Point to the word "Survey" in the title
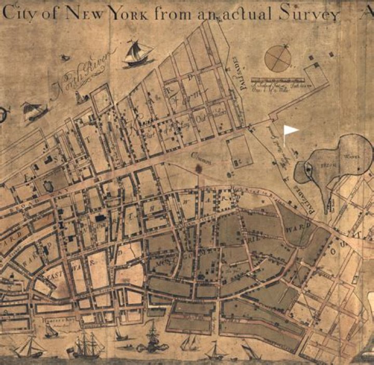click(x=311, y=15)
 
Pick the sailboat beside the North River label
click(x=138, y=54)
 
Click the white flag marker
click(x=290, y=130)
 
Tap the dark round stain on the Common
click(x=198, y=168)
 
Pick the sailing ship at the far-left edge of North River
click(x=32, y=111)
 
